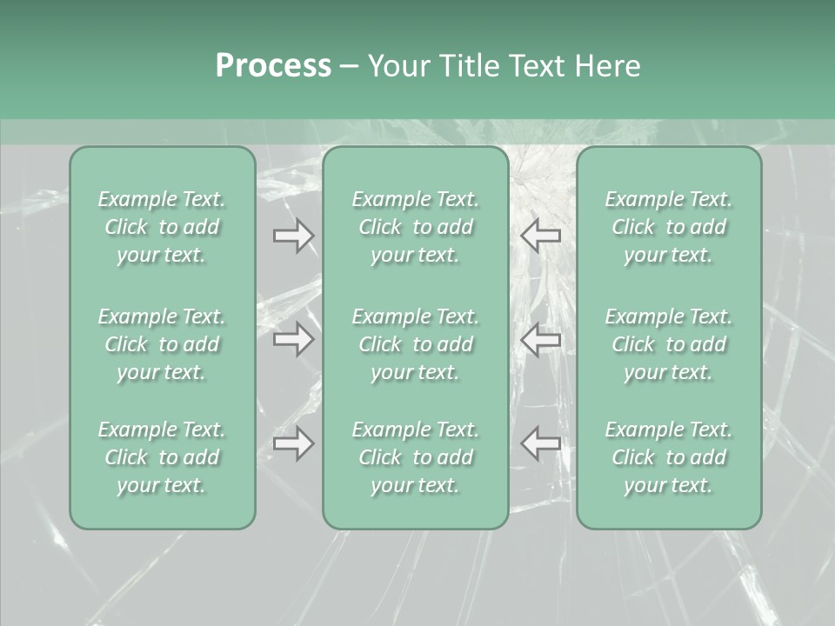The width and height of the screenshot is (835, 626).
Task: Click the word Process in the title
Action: (273, 66)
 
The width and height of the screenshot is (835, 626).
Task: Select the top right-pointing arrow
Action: (293, 235)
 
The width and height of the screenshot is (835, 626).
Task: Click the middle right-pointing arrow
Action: (293, 339)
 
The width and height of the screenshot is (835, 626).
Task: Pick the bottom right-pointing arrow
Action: (293, 443)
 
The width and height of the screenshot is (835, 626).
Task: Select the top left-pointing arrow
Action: (540, 235)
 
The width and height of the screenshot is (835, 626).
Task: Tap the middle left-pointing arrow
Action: (540, 339)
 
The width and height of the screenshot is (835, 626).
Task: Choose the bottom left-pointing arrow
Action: (540, 443)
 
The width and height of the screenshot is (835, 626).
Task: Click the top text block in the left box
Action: (162, 227)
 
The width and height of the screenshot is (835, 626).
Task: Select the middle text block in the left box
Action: (162, 344)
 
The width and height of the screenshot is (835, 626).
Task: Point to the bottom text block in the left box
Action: (162, 457)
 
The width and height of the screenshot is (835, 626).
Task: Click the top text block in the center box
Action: (416, 227)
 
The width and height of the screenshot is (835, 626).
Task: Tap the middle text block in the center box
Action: (416, 344)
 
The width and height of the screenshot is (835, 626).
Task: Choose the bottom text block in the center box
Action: (416, 457)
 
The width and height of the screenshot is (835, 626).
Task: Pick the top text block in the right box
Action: (669, 227)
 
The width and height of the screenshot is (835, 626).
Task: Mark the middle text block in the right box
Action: (669, 344)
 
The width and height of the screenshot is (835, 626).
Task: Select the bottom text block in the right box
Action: (669, 457)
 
